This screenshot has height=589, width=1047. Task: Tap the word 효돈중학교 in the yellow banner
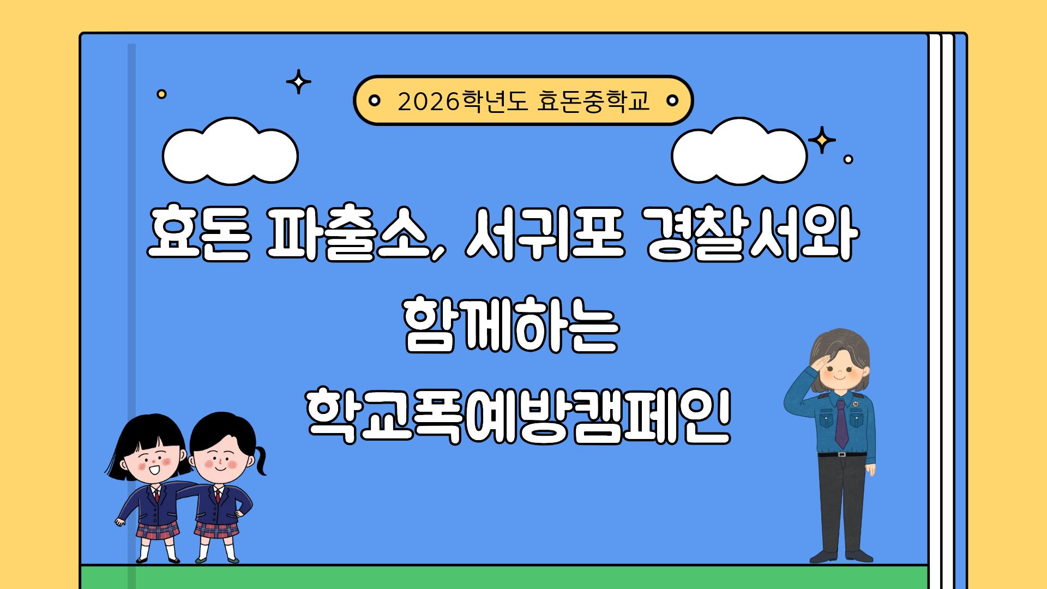[x=593, y=101]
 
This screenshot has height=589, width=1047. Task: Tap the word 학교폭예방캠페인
[x=518, y=416]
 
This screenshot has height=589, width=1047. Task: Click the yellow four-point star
[x=822, y=141]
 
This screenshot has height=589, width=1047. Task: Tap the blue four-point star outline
[x=298, y=82]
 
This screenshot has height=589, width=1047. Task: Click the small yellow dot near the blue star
[x=161, y=94]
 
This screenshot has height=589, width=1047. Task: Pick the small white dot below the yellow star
[x=848, y=159]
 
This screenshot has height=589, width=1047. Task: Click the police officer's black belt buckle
[x=843, y=454]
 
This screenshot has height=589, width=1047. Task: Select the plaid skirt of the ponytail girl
[x=216, y=530]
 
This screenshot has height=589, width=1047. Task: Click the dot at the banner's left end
[x=375, y=100]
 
